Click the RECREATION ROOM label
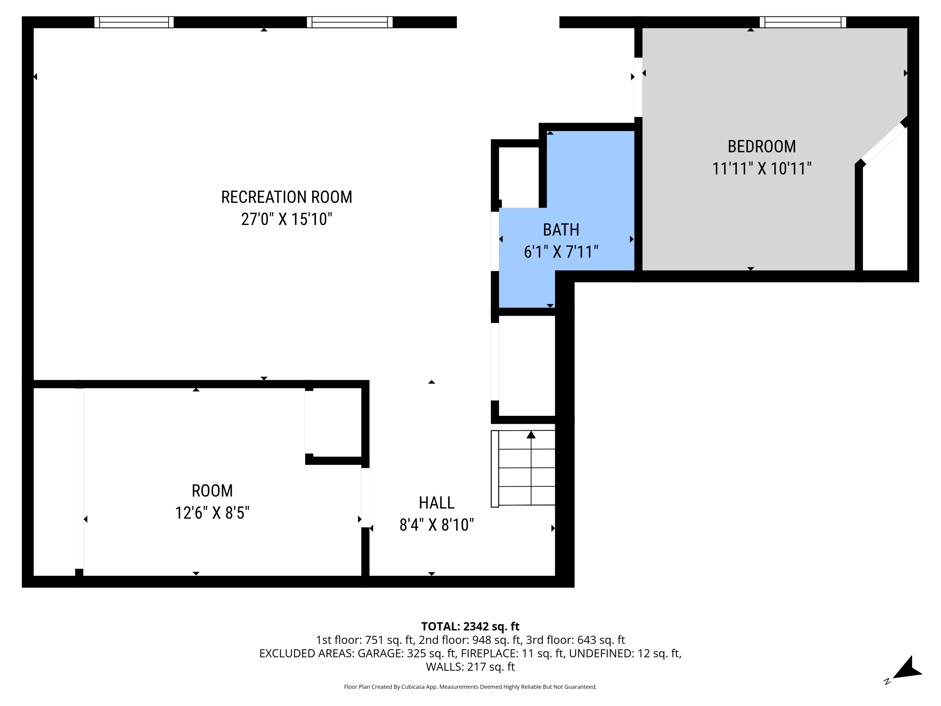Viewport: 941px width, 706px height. tap(286, 197)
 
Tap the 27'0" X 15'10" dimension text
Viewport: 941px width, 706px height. tap(286, 219)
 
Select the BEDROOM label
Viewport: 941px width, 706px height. tap(762, 147)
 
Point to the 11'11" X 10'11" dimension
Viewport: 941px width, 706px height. tap(762, 168)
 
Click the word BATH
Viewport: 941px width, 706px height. tap(561, 230)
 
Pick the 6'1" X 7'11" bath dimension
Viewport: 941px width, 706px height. tap(561, 252)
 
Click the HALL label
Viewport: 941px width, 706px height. tap(437, 503)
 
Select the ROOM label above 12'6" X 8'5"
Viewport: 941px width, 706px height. tap(212, 491)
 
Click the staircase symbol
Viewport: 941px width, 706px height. tap(523, 468)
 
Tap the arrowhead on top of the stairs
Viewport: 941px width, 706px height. tap(531, 435)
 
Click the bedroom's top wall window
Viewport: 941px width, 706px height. tap(802, 22)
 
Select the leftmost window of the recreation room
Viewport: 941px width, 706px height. tap(134, 22)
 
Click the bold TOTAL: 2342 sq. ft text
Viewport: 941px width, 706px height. tap(470, 626)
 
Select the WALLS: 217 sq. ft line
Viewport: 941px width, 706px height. tap(470, 667)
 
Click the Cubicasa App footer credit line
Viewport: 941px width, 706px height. tap(470, 687)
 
